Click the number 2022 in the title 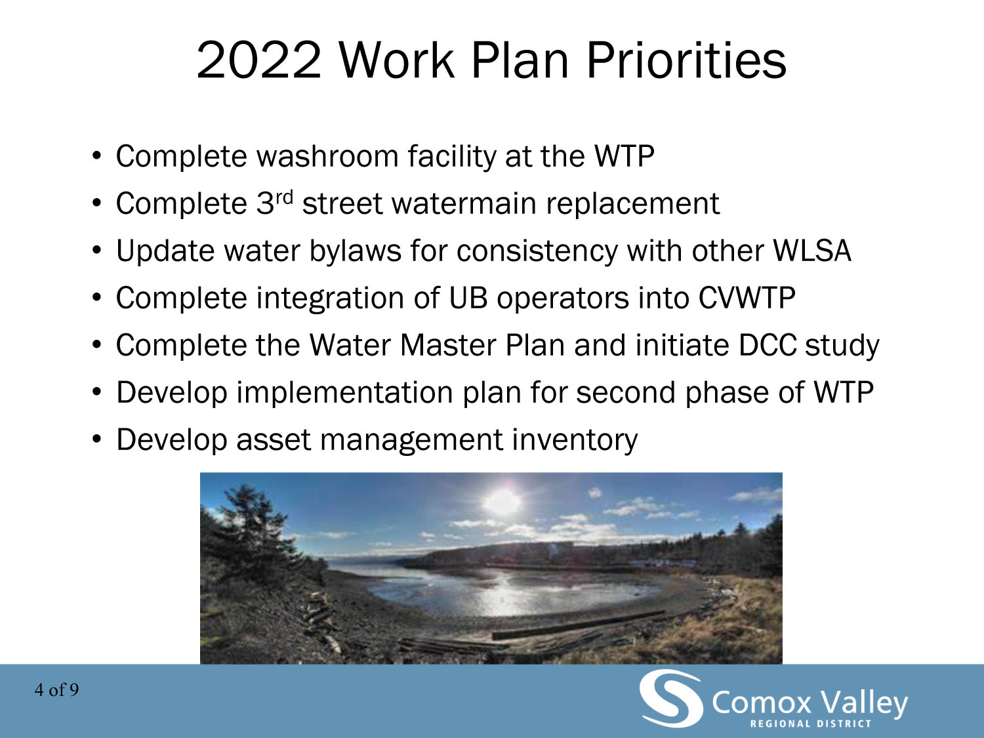(259, 60)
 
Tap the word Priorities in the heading (686, 60)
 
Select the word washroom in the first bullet (327, 156)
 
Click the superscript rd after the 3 (284, 197)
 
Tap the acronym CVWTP (747, 298)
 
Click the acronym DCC (768, 345)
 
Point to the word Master (447, 345)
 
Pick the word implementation (345, 392)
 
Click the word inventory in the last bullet (575, 440)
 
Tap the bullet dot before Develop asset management (96, 440)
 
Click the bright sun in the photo (503, 502)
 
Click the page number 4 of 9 (56, 690)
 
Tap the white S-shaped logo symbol (670, 698)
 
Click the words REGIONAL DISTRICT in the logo (811, 724)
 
